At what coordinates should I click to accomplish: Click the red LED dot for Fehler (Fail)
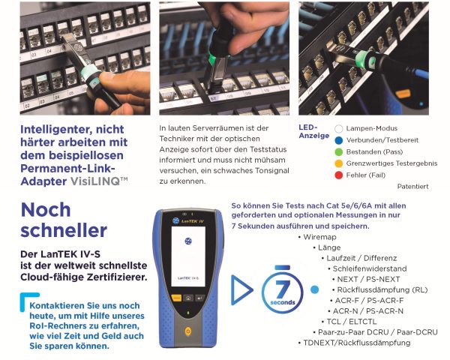[339, 175]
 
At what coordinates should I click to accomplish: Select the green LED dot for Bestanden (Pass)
[339, 151]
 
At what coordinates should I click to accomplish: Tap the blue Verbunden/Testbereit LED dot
[339, 140]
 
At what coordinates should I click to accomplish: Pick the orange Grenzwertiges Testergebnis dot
[339, 163]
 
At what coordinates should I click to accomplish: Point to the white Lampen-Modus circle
[339, 128]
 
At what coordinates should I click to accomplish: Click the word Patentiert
[412, 186]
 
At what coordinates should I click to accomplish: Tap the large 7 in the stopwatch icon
[283, 289]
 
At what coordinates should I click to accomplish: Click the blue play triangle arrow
[241, 290]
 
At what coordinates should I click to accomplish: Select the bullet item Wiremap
[319, 237]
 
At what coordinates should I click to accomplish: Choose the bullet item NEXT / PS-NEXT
[368, 279]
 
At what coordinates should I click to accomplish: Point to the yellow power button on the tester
[188, 331]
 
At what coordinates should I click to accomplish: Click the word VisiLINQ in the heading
[95, 181]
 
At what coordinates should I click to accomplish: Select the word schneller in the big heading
[64, 230]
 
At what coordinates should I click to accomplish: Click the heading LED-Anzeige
[313, 131]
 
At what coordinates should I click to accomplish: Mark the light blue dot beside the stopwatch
[314, 289]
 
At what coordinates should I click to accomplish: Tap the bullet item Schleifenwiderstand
[370, 268]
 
